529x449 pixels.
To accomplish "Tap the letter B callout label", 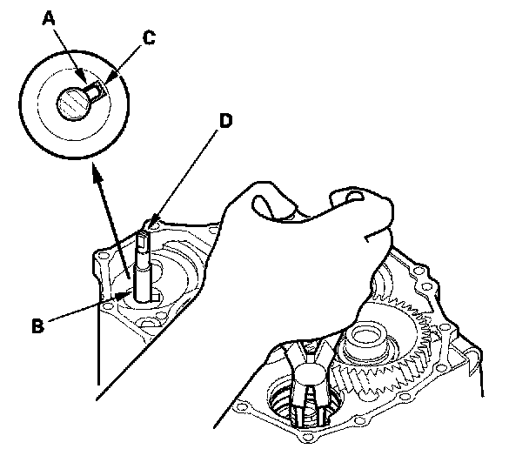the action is point(37,326).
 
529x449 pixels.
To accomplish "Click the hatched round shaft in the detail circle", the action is point(72,104).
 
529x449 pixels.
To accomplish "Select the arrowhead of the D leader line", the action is point(151,228).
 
